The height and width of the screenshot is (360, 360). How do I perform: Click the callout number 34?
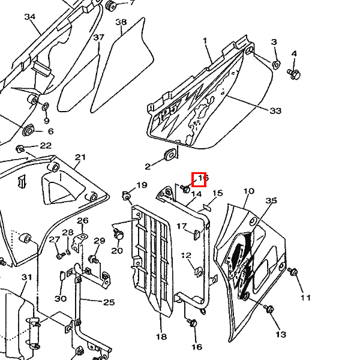pos(30,16)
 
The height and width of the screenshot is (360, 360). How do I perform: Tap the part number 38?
pos(121,22)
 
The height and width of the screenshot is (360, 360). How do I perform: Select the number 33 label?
pos(275,110)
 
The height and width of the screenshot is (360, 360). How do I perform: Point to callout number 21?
pos(80,157)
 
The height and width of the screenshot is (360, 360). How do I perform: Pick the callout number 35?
pos(271,200)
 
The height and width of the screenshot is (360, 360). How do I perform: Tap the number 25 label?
pos(109,302)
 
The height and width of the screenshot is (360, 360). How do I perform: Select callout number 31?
pos(26,277)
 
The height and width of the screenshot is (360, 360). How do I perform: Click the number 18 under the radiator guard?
pos(161,336)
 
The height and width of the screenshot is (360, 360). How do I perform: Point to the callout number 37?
pos(99,37)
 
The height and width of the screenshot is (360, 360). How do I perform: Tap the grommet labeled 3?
pos(275,64)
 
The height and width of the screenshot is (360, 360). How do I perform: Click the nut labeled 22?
pos(20,148)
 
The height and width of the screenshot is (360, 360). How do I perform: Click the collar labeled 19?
pos(127,195)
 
